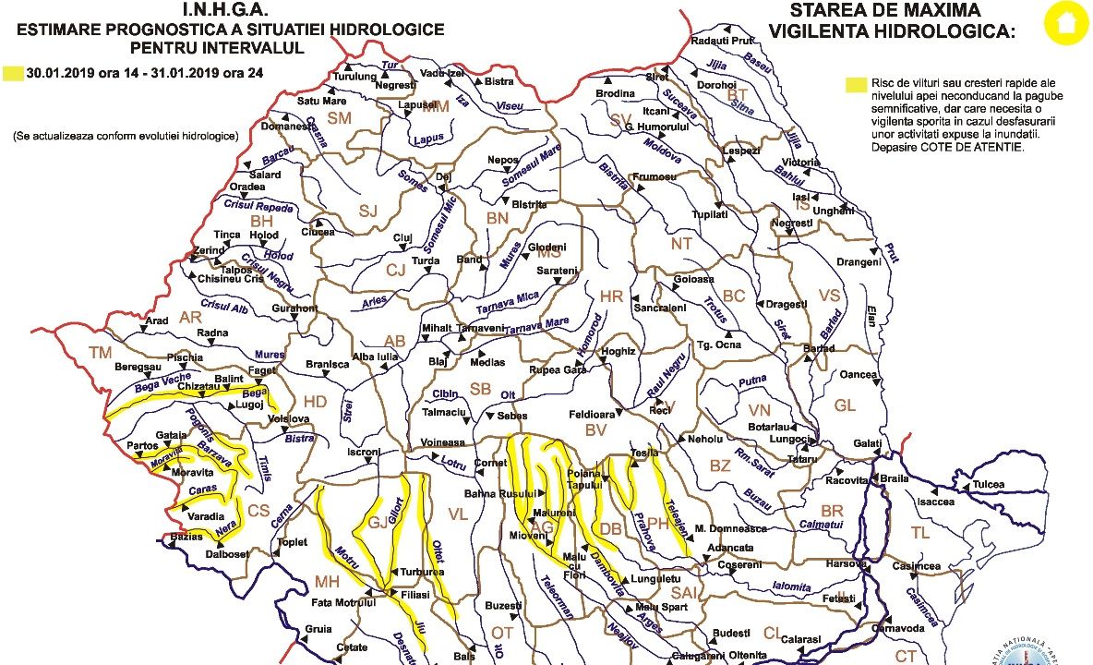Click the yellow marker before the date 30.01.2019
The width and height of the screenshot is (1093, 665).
pyautogui.click(x=14, y=71)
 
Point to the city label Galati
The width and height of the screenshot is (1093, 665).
pyautogui.click(x=867, y=444)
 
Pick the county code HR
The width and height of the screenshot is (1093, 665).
pyautogui.click(x=611, y=296)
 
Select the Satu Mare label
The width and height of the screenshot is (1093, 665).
pyautogui.click(x=321, y=101)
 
